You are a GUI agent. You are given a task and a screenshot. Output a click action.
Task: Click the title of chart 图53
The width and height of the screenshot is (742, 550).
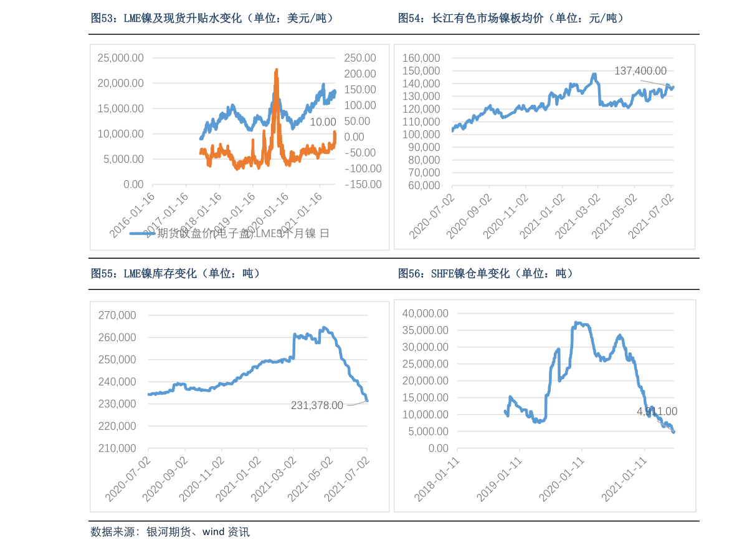coord(212,19)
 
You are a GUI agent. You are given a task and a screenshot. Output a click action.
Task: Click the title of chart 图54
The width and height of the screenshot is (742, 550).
coord(511,19)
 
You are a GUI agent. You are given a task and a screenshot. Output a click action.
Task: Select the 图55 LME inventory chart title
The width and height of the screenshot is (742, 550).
coord(175,273)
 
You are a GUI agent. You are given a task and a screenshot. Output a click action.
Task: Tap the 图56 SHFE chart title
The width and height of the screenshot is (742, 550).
coord(485,273)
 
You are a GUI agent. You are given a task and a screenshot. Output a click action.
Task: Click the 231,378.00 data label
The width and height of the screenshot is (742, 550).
coord(317,405)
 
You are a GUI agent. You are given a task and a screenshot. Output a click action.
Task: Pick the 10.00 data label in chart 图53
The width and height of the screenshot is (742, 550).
coord(323,122)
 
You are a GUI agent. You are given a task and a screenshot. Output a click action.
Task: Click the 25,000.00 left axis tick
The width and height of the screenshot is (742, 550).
coord(121,57)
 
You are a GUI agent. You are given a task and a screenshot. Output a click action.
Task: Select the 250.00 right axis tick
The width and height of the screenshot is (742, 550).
coord(361,57)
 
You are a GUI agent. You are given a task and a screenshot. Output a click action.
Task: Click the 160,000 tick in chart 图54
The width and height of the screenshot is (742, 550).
coord(421,57)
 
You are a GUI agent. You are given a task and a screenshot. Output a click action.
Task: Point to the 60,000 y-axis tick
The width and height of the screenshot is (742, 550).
coord(424,185)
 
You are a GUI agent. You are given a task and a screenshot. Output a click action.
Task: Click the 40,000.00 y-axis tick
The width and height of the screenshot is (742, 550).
coord(425,312)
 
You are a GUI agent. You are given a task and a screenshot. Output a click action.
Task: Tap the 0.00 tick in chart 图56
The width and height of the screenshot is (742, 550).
coord(435,448)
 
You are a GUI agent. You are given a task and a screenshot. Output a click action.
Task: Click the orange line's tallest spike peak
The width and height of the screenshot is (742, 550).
coord(276,70)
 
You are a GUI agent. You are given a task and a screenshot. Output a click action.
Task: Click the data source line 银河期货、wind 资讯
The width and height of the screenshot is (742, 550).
coord(170,532)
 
